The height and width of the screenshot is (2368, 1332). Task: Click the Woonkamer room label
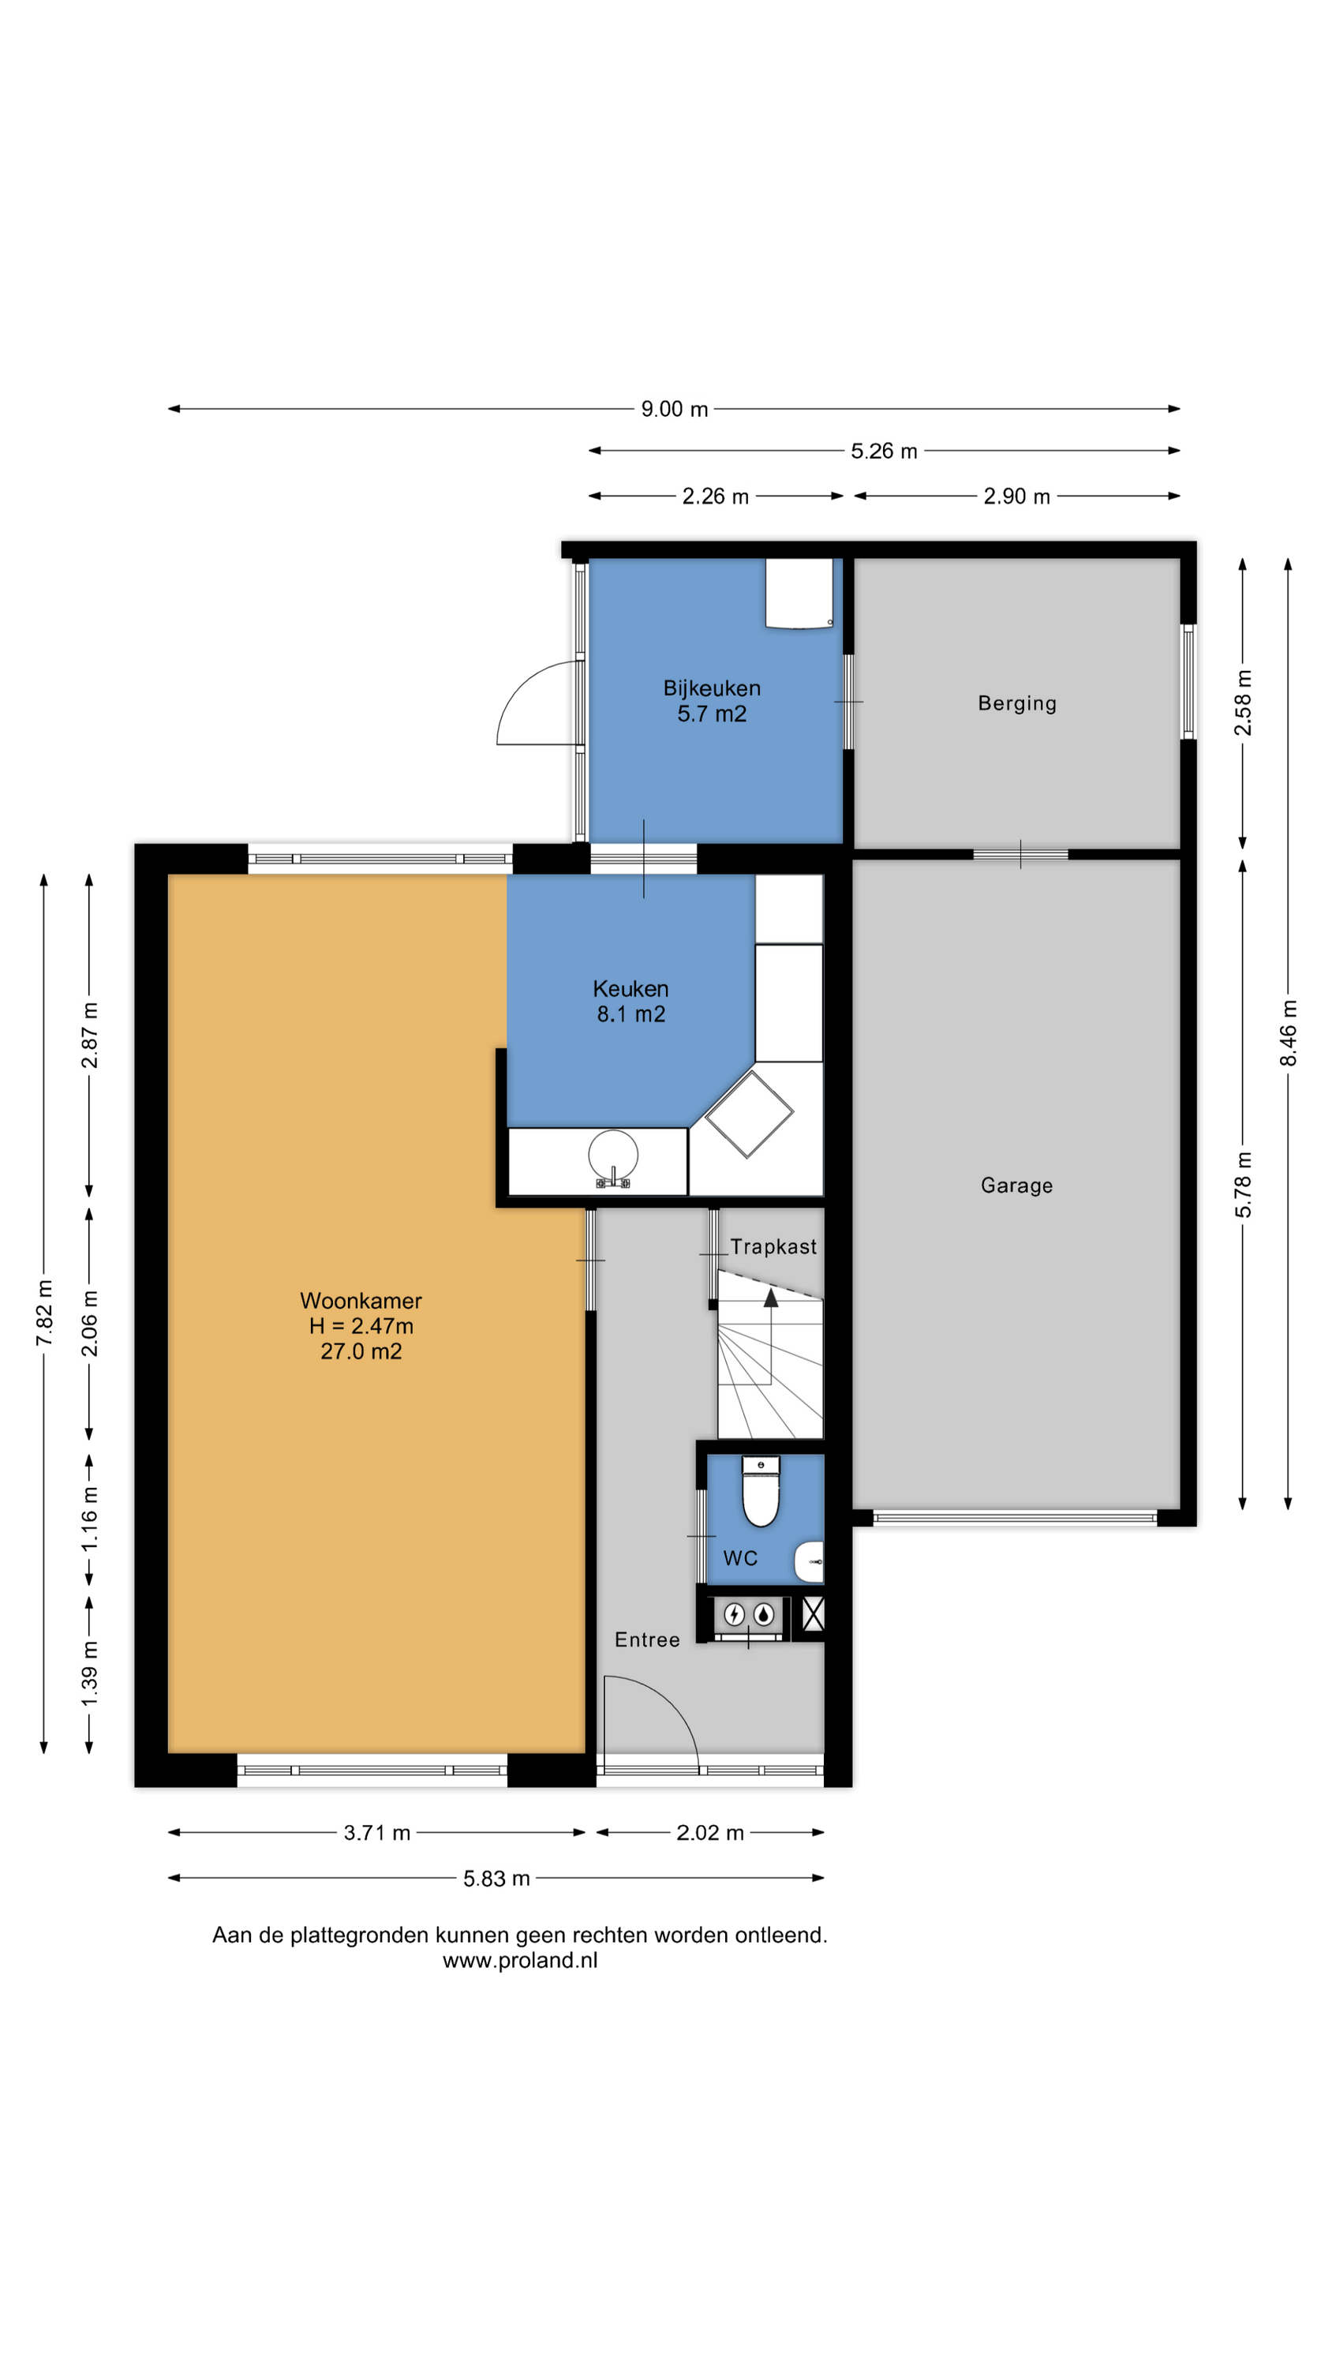pyautogui.click(x=361, y=1301)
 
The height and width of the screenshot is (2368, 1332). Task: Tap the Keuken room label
pyautogui.click(x=630, y=989)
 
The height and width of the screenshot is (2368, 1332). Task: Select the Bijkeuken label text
pyautogui.click(x=712, y=688)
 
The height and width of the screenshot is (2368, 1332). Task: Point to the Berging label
pyautogui.click(x=1016, y=703)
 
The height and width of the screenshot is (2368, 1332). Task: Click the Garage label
pyautogui.click(x=1016, y=1185)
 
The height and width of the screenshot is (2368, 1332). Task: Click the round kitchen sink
pyautogui.click(x=613, y=1155)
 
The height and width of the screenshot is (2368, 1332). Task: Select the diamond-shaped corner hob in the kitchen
pyautogui.click(x=748, y=1113)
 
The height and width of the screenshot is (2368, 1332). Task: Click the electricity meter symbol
pyautogui.click(x=735, y=1613)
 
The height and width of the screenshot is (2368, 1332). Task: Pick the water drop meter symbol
pyautogui.click(x=764, y=1613)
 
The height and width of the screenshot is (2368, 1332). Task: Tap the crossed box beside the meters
pyautogui.click(x=813, y=1614)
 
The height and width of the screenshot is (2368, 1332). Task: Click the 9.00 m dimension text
pyautogui.click(x=675, y=409)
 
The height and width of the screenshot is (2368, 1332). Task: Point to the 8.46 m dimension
pyautogui.click(x=1289, y=1033)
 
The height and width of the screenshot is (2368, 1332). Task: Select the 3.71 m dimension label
pyautogui.click(x=377, y=1833)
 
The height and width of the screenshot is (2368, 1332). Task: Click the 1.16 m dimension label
pyautogui.click(x=89, y=1519)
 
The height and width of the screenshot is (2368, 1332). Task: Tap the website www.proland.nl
pyautogui.click(x=520, y=1960)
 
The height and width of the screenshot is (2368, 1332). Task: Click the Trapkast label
pyautogui.click(x=773, y=1246)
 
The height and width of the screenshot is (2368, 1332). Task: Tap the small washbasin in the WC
pyautogui.click(x=809, y=1562)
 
